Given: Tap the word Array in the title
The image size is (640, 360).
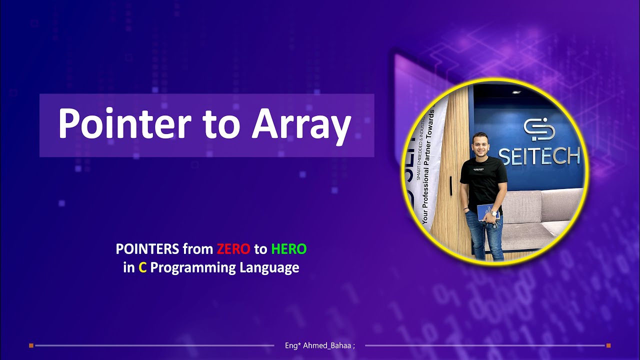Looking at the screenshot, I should point(301,124).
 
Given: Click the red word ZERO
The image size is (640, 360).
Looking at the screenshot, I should point(233,248).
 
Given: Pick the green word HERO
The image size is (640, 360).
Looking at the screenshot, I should point(288,248).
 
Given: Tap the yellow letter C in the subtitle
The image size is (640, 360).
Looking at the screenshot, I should point(142,268).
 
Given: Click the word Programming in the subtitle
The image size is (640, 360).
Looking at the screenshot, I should point(193,268).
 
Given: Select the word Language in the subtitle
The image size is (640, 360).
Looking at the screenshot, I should point(269,268).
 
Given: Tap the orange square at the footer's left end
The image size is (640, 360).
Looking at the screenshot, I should point(31,345).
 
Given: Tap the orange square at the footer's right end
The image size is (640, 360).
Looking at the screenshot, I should point(608,345).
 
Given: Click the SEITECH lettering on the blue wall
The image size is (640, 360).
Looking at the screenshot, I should point(539,155).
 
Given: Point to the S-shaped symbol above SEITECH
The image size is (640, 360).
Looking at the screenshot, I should point(538,129).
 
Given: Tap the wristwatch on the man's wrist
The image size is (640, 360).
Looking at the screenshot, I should point(494,213).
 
